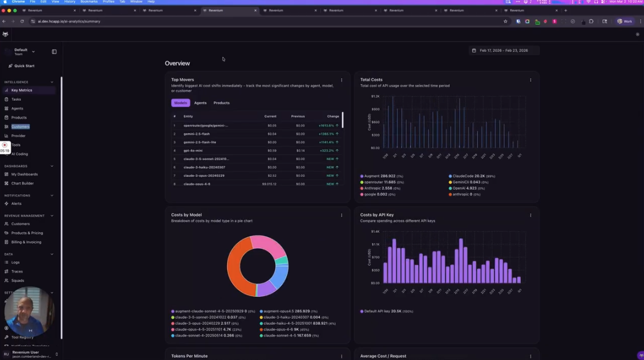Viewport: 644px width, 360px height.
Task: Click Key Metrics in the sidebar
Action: (22, 90)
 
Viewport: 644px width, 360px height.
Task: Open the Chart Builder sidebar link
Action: (22, 183)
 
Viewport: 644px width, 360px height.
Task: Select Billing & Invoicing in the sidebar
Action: (26, 242)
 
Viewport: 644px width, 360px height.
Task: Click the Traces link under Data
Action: (17, 271)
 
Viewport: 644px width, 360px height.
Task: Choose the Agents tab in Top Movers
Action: (200, 103)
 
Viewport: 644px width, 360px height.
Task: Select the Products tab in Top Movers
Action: (222, 103)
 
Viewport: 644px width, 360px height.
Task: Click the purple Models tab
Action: (180, 103)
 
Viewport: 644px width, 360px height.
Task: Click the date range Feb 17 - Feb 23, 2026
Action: (503, 50)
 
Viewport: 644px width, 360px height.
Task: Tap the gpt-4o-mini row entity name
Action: (193, 151)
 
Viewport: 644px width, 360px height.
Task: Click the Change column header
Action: (333, 116)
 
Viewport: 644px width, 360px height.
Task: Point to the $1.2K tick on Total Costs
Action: (375, 96)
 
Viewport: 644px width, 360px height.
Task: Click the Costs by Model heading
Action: (186, 215)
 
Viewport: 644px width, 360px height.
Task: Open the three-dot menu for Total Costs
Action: (530, 80)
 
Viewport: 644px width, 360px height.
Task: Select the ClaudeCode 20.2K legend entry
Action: (472, 176)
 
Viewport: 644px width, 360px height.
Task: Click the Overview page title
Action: (177, 63)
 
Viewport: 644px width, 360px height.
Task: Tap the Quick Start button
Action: (24, 66)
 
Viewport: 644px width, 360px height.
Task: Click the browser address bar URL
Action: (69, 21)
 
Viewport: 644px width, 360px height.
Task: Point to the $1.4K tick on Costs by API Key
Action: (375, 231)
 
